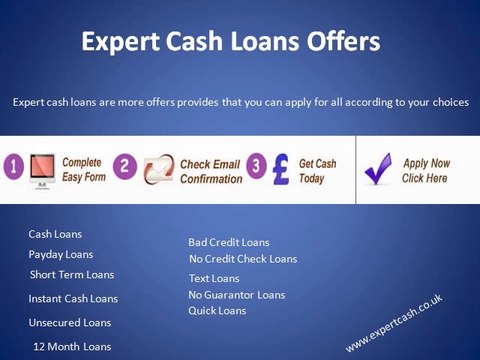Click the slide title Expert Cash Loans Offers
pyautogui.click(x=230, y=43)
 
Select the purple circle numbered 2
pyautogui.click(x=126, y=166)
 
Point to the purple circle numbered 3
pyautogui.click(x=255, y=165)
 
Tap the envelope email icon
pyautogui.click(x=157, y=169)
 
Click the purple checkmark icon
pyautogui.click(x=379, y=170)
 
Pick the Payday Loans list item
pyautogui.click(x=60, y=254)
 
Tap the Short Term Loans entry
pyautogui.click(x=72, y=274)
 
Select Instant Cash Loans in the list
pyautogui.click(x=73, y=298)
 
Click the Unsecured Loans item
pyautogui.click(x=70, y=322)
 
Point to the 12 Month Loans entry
pyautogui.click(x=72, y=346)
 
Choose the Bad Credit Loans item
pyautogui.click(x=229, y=242)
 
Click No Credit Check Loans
pyautogui.click(x=243, y=259)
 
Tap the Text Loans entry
pyautogui.click(x=214, y=278)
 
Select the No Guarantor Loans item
pyautogui.click(x=236, y=294)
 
